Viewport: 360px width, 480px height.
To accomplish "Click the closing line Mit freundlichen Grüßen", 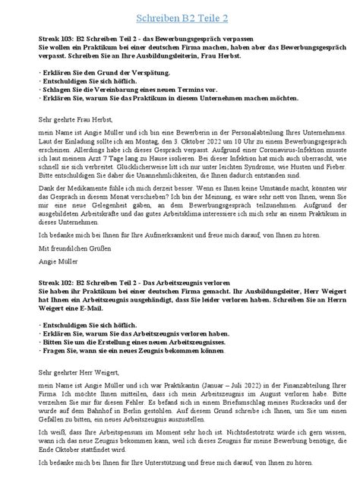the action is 70,246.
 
